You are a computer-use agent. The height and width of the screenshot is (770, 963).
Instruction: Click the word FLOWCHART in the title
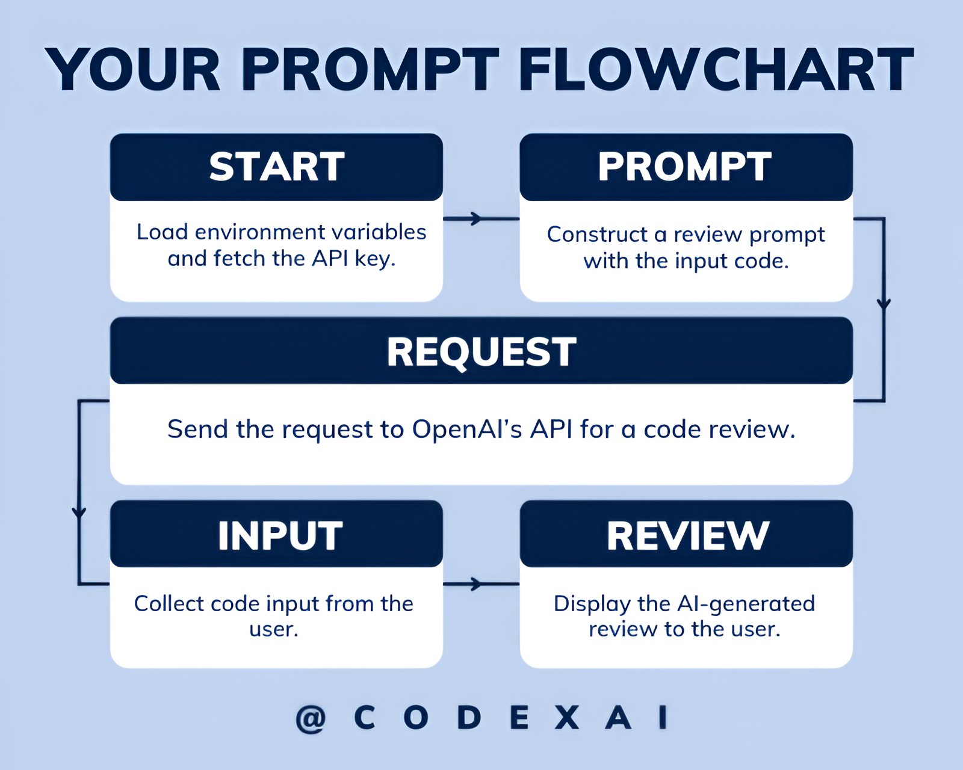(716, 70)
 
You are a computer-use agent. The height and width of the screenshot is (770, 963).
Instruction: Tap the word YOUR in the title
(134, 70)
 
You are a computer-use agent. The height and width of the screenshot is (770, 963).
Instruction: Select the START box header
(277, 167)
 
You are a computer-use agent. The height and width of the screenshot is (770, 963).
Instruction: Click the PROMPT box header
(685, 167)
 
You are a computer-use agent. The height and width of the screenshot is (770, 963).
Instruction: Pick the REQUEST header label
(482, 351)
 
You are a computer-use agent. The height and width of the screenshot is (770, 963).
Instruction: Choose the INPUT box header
(280, 535)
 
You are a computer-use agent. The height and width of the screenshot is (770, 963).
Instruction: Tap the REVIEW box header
(688, 535)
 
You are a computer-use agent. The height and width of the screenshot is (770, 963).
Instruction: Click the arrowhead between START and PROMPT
(476, 218)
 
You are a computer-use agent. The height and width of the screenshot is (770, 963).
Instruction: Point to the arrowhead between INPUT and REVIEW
(476, 584)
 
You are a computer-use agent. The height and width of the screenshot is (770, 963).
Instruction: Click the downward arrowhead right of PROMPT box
(884, 304)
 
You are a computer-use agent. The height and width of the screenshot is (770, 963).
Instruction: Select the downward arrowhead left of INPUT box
(79, 513)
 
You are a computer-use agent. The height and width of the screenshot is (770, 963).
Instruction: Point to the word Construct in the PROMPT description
(597, 235)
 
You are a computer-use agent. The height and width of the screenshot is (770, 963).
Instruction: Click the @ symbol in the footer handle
(311, 718)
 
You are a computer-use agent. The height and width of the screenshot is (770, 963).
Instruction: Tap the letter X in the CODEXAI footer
(566, 718)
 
